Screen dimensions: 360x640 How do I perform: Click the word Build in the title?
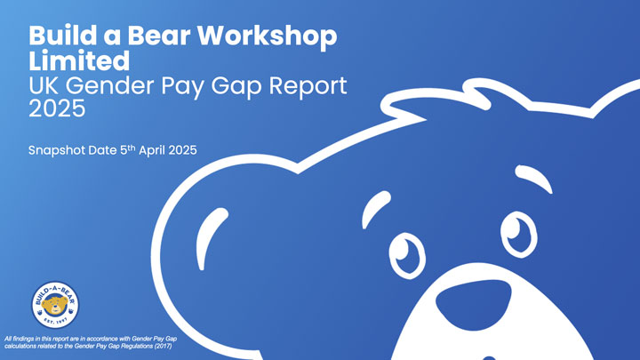click(x=59, y=37)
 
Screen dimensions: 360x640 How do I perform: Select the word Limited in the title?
click(x=78, y=61)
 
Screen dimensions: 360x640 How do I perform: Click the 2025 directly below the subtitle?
click(x=57, y=109)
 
